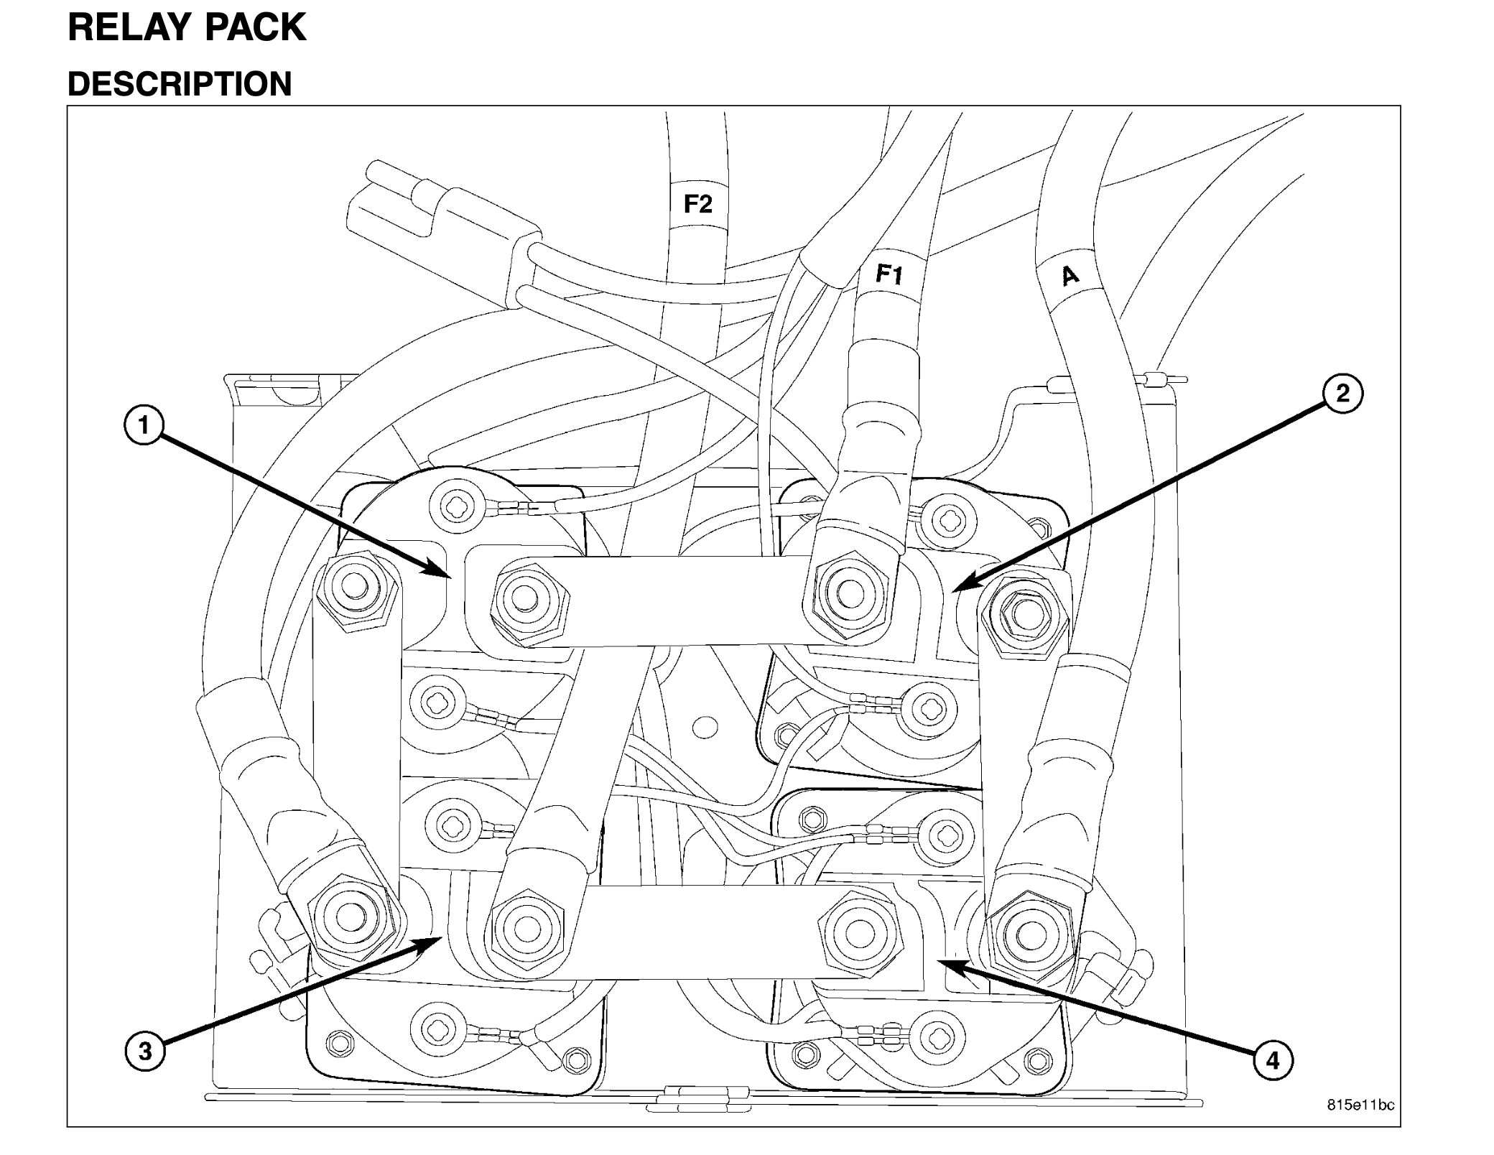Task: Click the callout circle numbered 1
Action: [x=144, y=425]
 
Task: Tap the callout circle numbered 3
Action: [x=145, y=1052]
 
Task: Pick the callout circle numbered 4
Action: [x=1273, y=1060]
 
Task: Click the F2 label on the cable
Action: [x=697, y=204]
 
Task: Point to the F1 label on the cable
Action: [x=890, y=274]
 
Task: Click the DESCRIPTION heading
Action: [x=180, y=84]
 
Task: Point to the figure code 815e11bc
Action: [x=1360, y=1104]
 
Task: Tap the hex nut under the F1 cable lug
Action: [x=850, y=593]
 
